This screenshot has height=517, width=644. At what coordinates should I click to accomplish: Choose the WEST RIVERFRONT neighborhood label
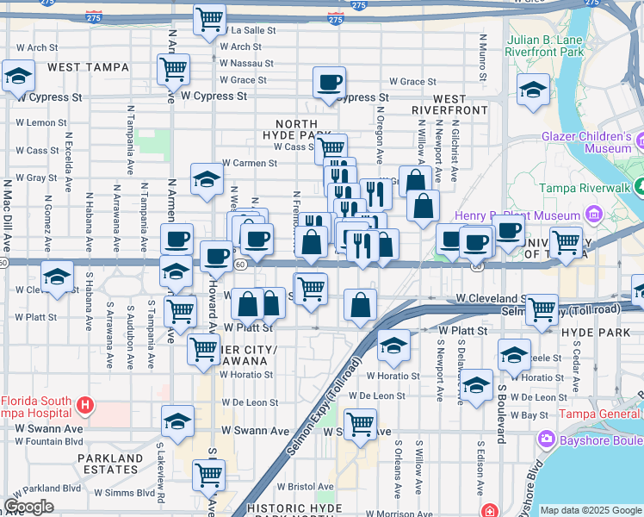coord(449,105)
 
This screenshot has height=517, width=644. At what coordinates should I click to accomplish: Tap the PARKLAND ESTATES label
coord(108,464)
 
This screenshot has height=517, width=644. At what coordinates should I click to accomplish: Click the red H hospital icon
coord(84,403)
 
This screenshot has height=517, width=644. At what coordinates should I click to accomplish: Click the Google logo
coord(28,508)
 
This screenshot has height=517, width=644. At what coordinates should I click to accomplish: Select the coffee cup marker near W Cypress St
coord(329,84)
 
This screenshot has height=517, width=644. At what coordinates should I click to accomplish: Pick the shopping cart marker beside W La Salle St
coord(209,19)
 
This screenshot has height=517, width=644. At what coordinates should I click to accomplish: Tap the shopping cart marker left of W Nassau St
coord(174,68)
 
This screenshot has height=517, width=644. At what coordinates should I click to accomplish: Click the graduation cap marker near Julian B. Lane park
coord(533,88)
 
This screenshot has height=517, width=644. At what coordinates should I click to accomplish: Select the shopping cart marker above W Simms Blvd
coord(208,473)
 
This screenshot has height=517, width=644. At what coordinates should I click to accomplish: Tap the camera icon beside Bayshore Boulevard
coord(546,439)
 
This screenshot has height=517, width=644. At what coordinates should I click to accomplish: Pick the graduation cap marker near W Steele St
coord(514,354)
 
